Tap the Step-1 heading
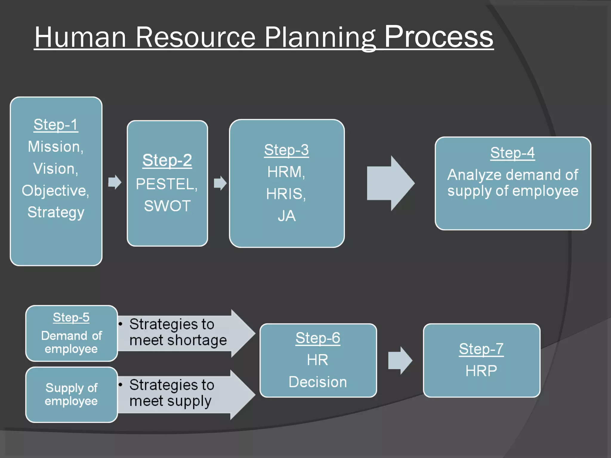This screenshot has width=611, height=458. point(56,125)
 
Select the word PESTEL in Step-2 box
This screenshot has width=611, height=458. point(166,184)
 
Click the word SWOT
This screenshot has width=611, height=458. point(167,206)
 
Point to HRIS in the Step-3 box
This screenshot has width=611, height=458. point(285,194)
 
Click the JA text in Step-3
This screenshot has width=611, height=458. point(287,216)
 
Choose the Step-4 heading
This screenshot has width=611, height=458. point(512,153)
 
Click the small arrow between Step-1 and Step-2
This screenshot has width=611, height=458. point(115,182)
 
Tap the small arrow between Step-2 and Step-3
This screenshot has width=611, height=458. point(220,183)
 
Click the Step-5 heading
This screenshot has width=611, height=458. point(71,317)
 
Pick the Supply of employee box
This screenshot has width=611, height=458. point(71,394)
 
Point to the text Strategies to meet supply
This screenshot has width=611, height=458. point(172,393)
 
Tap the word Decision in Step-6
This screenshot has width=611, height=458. point(318,382)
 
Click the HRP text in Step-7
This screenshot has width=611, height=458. point(481,371)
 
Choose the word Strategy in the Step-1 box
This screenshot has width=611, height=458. point(56,212)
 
